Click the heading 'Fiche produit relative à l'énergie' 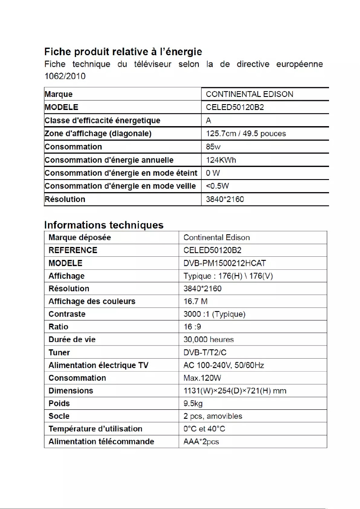click(x=123, y=52)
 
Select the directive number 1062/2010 click(x=65, y=76)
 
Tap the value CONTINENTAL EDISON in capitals click(x=249, y=94)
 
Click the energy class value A click(x=209, y=121)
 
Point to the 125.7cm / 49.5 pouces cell click(x=246, y=134)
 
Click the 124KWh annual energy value click(x=221, y=160)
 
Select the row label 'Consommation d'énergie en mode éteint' click(x=121, y=173)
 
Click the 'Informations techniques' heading click(x=104, y=225)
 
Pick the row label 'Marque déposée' click(x=79, y=237)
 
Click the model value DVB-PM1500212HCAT click(x=228, y=263)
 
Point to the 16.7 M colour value click(x=196, y=301)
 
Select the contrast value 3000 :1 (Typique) click(x=215, y=314)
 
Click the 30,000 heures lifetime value click(x=209, y=339)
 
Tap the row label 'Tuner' click(x=59, y=353)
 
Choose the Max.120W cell click(x=202, y=378)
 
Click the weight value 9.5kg click(x=193, y=404)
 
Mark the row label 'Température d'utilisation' click(x=95, y=429)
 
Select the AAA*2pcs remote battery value click(x=201, y=442)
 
